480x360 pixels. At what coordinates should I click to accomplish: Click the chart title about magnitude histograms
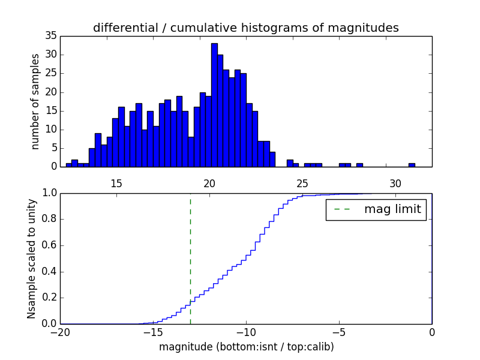click(245, 28)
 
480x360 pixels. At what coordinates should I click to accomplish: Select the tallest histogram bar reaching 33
click(214, 105)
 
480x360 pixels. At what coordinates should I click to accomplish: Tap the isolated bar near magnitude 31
click(412, 165)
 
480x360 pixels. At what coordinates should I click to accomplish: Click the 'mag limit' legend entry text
click(392, 209)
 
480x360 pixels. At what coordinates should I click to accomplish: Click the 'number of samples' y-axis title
click(35, 101)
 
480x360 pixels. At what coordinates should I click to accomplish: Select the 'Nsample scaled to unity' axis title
click(32, 259)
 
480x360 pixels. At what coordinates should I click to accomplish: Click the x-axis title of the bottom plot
click(246, 347)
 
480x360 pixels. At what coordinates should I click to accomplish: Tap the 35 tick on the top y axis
click(50, 36)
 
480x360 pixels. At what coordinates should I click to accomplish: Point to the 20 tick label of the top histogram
click(209, 183)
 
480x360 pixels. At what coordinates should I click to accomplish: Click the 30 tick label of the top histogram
click(395, 183)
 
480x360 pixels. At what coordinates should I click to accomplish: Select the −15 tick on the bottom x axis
click(153, 332)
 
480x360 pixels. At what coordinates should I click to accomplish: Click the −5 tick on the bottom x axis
click(339, 332)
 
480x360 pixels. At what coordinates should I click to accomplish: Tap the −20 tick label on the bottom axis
click(60, 332)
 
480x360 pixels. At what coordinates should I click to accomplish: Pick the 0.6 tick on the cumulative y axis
click(48, 245)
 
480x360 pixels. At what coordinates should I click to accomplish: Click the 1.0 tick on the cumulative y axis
click(48, 193)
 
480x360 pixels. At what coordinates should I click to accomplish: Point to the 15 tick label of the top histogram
click(116, 183)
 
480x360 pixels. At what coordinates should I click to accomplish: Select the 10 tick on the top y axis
click(50, 130)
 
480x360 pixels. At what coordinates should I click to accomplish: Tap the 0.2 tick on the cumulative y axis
click(48, 298)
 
